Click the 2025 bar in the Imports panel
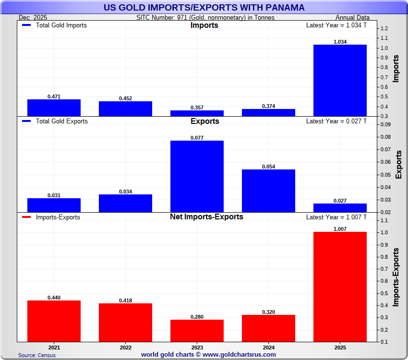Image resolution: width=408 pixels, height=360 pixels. (x=340, y=80)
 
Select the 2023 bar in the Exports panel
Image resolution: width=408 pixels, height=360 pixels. (x=197, y=176)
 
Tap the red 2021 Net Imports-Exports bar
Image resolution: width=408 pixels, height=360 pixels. (x=54, y=321)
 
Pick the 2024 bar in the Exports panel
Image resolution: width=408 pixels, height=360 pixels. (x=268, y=191)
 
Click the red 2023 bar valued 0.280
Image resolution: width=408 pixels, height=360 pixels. (x=197, y=330)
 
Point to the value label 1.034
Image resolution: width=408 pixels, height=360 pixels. (x=340, y=42)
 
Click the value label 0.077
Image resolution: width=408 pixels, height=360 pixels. (x=197, y=138)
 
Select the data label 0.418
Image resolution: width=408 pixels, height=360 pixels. (x=125, y=300)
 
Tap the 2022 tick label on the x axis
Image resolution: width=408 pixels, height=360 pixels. (x=125, y=347)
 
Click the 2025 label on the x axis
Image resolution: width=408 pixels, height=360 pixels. (x=340, y=347)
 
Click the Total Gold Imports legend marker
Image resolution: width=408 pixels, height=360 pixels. (x=27, y=25)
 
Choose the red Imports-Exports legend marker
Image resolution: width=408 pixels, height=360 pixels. (x=27, y=217)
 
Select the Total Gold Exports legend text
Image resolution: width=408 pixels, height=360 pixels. (x=62, y=121)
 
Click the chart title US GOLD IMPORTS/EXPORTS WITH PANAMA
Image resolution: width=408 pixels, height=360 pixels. (x=204, y=7)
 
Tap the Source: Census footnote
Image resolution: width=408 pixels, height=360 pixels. (x=37, y=355)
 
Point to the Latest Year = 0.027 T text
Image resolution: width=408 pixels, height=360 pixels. (x=336, y=121)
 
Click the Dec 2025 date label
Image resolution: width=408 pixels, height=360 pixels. (x=30, y=17)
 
